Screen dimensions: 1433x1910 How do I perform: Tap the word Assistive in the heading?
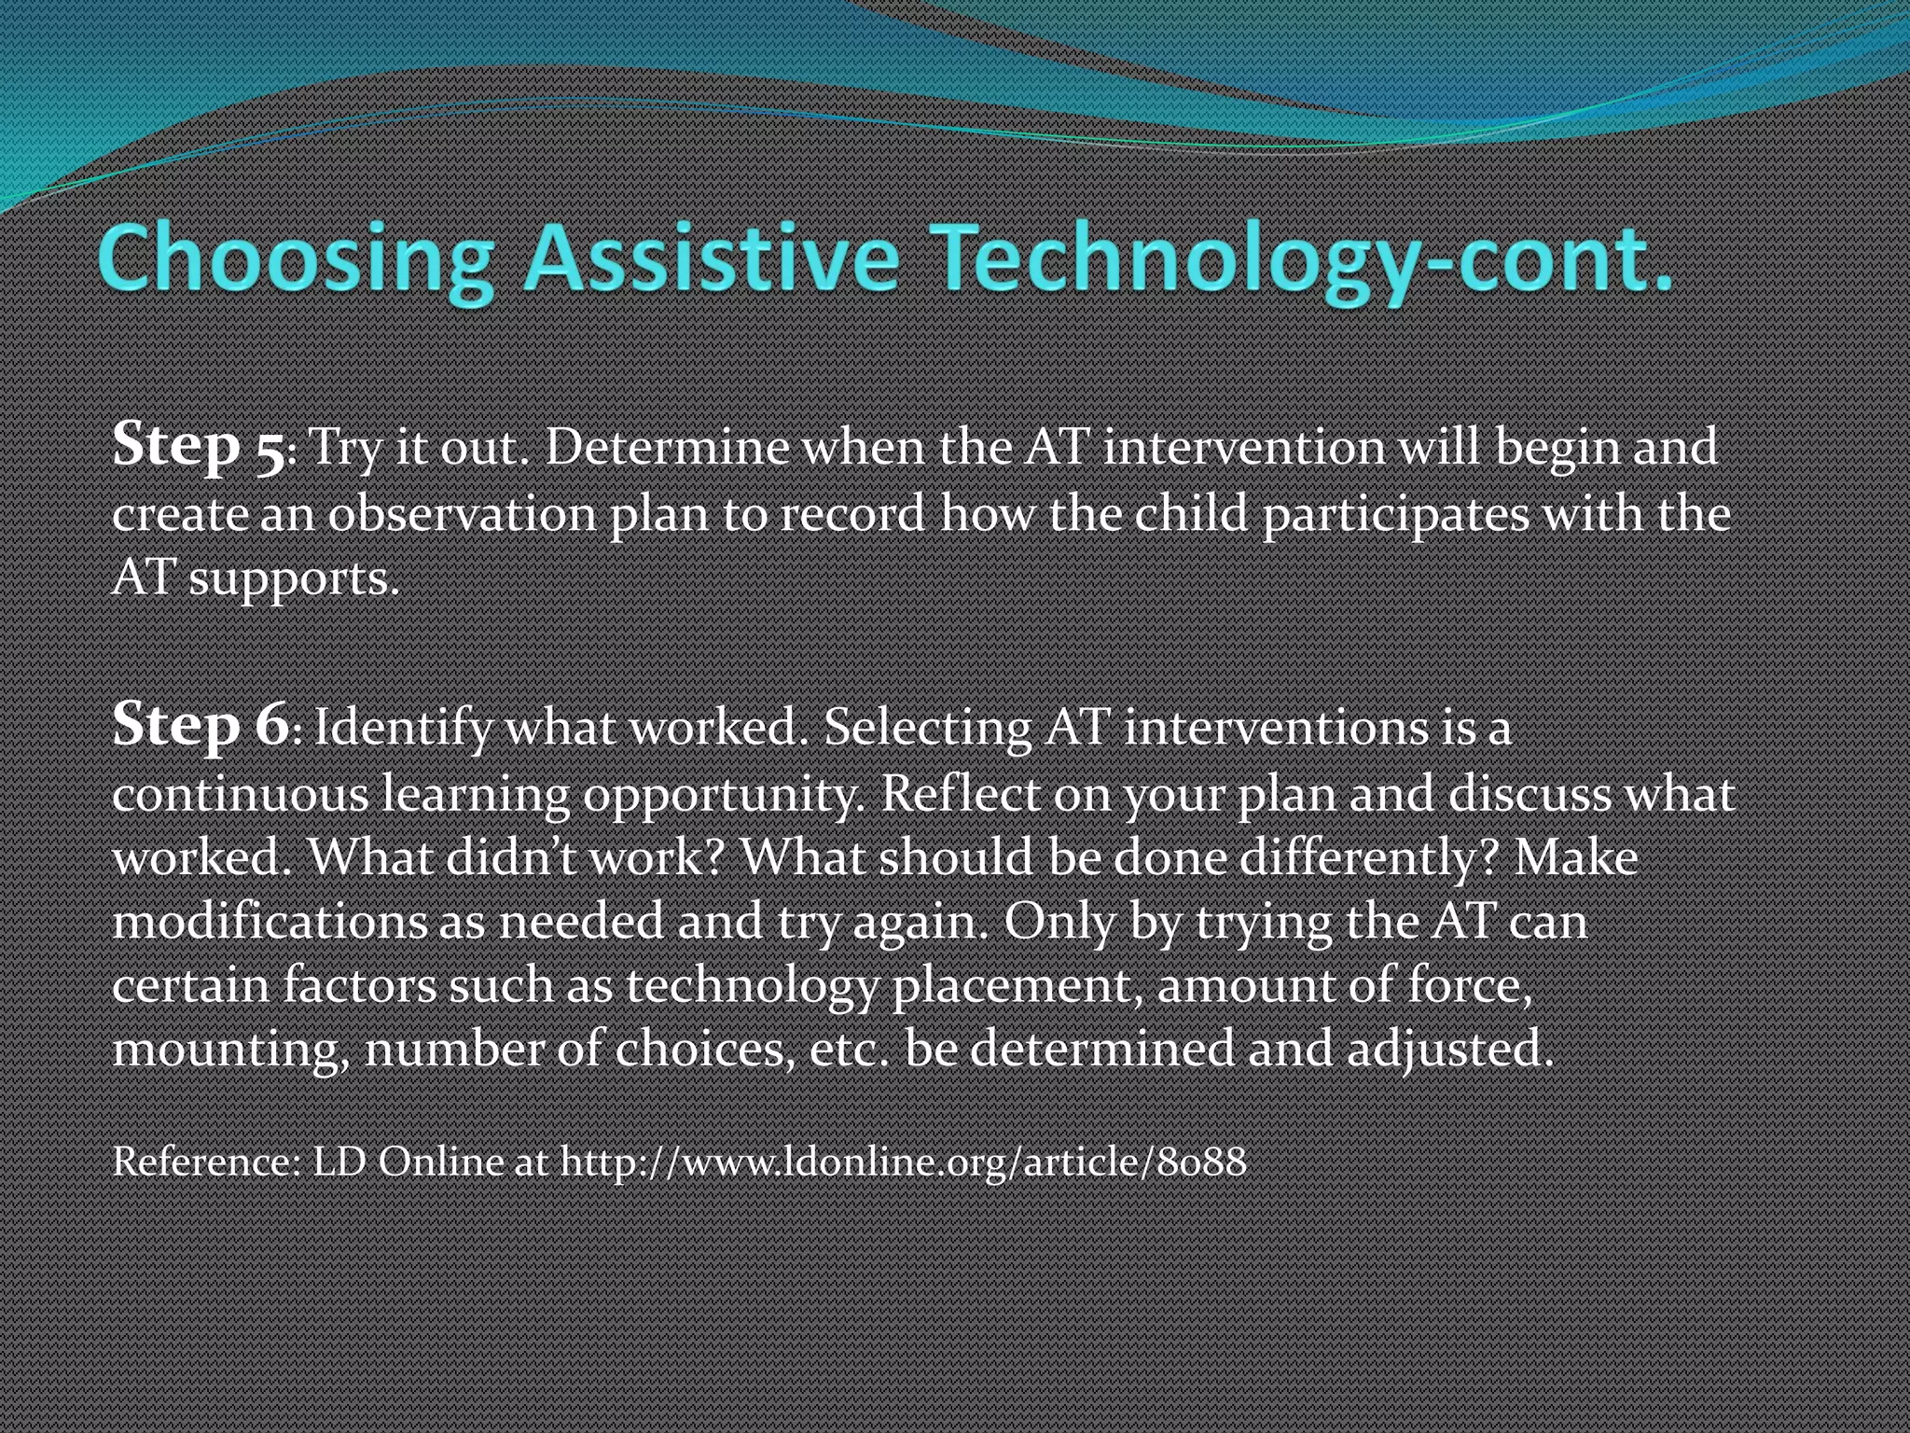click(x=711, y=259)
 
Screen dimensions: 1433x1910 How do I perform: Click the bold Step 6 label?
click(x=200, y=726)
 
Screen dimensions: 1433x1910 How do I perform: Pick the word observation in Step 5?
click(x=462, y=515)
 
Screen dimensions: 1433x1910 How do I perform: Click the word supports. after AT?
click(x=294, y=580)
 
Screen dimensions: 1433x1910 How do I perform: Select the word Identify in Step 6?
click(x=403, y=728)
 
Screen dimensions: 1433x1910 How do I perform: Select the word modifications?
click(x=270, y=922)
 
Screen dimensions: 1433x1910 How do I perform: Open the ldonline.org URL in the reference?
click(x=903, y=1162)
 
